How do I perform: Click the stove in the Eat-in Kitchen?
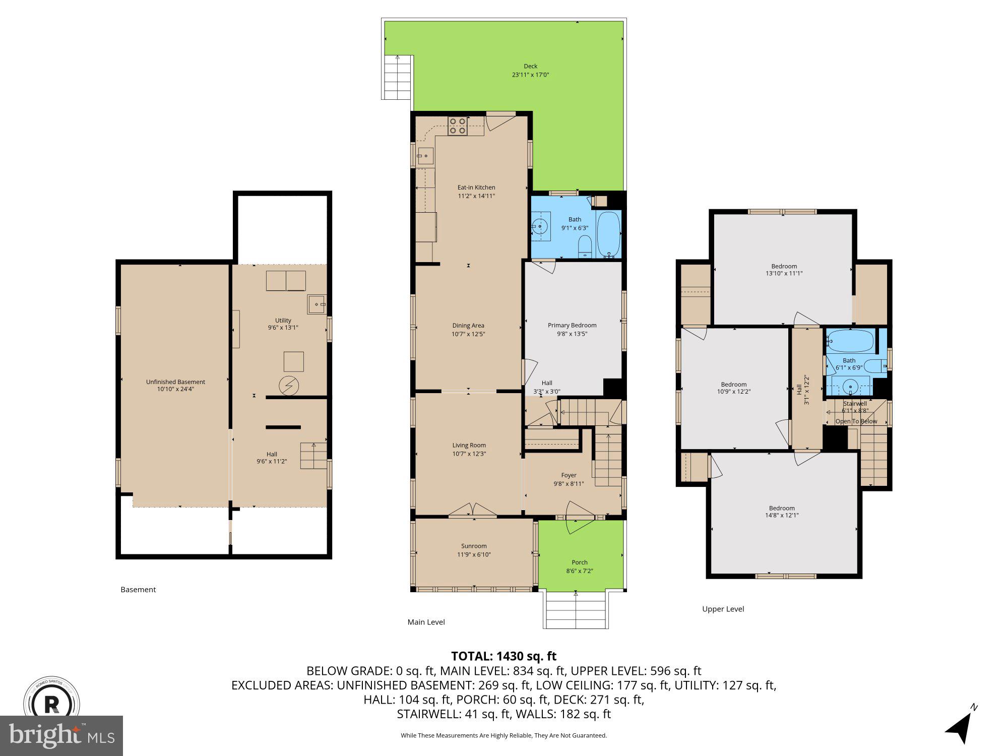[458, 125]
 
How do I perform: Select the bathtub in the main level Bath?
[608, 234]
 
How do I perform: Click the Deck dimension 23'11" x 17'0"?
[530, 75]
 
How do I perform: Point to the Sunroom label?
[474, 546]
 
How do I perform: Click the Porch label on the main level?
[580, 562]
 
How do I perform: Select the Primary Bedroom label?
[572, 325]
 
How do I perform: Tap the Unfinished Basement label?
[175, 382]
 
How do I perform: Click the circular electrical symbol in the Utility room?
[289, 386]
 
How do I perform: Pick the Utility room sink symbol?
[317, 304]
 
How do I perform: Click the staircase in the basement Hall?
[313, 456]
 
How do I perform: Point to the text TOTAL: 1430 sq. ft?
[503, 656]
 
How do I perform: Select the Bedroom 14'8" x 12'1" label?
[782, 508]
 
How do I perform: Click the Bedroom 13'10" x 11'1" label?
[784, 266]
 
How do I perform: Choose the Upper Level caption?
[723, 609]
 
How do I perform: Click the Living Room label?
[469, 445]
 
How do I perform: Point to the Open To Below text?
[856, 421]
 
